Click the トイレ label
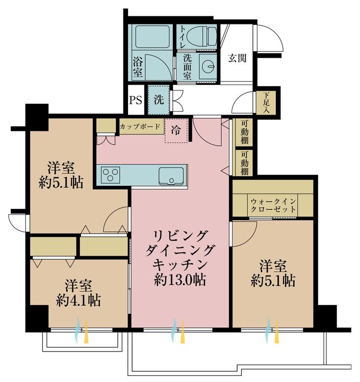183,37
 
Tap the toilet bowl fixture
201,37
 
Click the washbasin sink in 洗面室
208,66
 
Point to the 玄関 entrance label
237,58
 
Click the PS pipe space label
135,100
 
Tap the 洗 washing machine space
159,99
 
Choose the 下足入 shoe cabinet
266,102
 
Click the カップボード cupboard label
140,126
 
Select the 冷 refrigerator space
176,130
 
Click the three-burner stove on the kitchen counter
111,175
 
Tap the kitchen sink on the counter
171,176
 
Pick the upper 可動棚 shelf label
245,132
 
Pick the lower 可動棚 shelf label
245,163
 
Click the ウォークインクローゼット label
273,205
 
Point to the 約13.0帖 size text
180,280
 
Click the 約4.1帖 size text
79,301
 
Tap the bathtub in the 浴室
152,37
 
